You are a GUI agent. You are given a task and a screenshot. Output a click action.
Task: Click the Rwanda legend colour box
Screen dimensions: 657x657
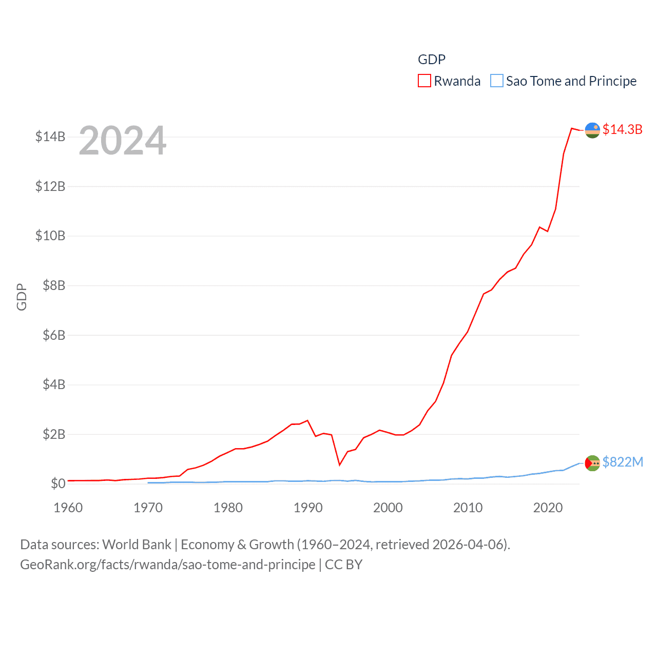click(424, 81)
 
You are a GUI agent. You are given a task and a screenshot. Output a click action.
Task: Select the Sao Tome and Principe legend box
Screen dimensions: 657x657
click(496, 81)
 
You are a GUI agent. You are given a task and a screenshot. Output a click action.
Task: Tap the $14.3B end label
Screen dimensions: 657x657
click(622, 129)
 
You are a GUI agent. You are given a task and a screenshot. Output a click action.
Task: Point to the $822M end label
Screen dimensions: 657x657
click(623, 462)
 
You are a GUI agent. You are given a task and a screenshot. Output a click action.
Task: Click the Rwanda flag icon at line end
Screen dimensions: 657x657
click(592, 130)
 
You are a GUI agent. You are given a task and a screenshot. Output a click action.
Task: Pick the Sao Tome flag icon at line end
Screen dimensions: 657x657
click(592, 463)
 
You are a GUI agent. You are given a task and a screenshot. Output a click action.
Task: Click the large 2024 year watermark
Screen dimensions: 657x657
click(123, 141)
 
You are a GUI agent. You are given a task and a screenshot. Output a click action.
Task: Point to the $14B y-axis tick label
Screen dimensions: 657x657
click(50, 137)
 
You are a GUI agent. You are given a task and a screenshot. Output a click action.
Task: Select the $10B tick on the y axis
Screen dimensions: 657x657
click(50, 236)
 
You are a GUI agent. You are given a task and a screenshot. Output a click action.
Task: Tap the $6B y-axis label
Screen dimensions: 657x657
click(54, 335)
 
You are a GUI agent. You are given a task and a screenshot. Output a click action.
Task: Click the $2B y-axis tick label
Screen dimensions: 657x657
click(54, 434)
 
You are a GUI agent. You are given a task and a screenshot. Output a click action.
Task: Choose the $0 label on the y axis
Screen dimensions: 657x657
click(58, 484)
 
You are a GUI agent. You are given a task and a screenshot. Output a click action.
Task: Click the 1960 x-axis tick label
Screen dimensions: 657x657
click(68, 508)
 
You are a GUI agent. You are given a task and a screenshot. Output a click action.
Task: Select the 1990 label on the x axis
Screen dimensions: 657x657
click(308, 508)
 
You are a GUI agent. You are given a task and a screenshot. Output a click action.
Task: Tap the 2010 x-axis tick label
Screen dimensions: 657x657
click(468, 508)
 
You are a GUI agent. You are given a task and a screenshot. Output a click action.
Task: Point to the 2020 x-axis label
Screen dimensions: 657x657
click(548, 508)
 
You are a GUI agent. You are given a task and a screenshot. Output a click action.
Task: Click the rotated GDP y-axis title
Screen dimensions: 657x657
click(22, 297)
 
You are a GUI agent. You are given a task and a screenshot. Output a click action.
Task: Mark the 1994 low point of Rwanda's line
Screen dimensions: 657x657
click(340, 465)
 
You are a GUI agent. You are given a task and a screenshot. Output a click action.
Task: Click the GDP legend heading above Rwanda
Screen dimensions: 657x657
click(432, 60)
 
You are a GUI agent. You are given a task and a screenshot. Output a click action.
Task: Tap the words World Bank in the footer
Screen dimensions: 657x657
click(137, 545)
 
